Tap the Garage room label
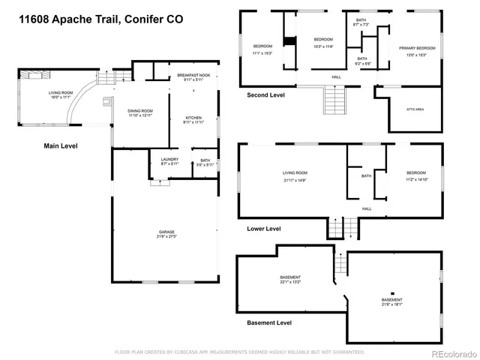[166, 232]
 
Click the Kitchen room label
[194, 118]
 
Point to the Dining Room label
[139, 111]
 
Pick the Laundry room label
[169, 160]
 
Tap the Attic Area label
[415, 109]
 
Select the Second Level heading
[265, 95]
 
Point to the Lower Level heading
[264, 228]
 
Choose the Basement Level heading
[269, 322]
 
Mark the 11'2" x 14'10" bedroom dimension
[415, 179]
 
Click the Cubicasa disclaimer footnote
[239, 351]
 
